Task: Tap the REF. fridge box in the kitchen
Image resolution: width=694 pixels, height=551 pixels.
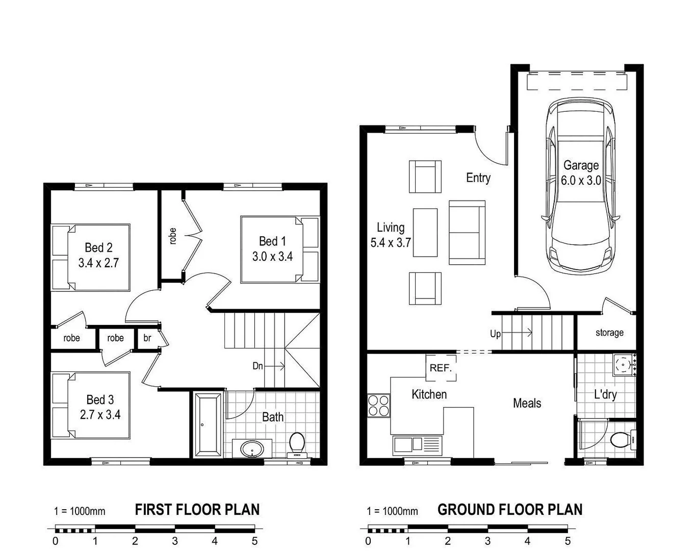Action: click(441, 368)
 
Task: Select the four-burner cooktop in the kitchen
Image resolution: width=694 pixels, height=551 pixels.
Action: click(378, 406)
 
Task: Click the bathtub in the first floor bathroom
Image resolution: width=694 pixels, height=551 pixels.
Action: click(208, 423)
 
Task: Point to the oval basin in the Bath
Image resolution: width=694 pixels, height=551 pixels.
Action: click(252, 449)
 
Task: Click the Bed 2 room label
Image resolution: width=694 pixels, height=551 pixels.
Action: click(98, 248)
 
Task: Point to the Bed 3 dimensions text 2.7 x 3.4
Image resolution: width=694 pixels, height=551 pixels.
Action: click(100, 415)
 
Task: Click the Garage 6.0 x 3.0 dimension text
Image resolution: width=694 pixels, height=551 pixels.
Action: click(581, 181)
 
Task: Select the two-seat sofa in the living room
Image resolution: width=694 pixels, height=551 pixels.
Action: click(467, 233)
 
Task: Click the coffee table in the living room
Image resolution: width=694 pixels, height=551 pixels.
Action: click(425, 233)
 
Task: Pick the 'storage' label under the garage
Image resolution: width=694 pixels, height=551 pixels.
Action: click(609, 333)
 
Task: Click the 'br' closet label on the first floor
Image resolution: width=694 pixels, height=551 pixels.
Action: click(147, 338)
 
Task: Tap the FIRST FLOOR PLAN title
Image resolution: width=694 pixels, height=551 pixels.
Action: click(197, 510)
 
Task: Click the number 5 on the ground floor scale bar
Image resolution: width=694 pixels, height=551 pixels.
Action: click(567, 541)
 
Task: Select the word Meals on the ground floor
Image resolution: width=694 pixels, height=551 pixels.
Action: click(527, 403)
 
